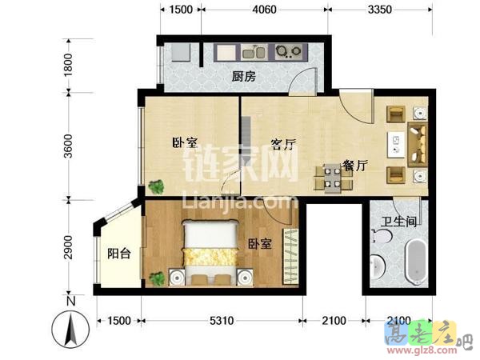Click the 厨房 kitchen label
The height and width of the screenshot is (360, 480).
tap(243, 77)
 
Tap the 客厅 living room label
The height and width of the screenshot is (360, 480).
tap(284, 145)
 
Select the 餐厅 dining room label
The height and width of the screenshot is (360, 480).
tap(354, 166)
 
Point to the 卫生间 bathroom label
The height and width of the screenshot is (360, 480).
tap(396, 222)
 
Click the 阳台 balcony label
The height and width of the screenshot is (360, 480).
tap(118, 254)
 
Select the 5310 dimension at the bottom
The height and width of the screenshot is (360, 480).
tap(222, 321)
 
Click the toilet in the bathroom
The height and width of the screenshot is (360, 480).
tap(382, 238)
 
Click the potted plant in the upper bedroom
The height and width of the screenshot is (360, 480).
tap(156, 188)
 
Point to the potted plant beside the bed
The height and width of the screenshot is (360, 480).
tap(158, 278)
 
